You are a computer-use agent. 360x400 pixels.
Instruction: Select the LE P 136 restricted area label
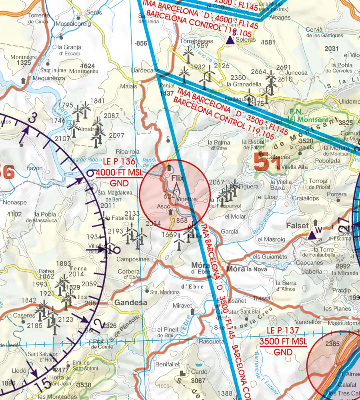(x=119, y=162)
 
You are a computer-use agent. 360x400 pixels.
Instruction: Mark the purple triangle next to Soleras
(x=230, y=40)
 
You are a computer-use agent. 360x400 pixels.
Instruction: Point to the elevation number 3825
(x=346, y=123)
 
